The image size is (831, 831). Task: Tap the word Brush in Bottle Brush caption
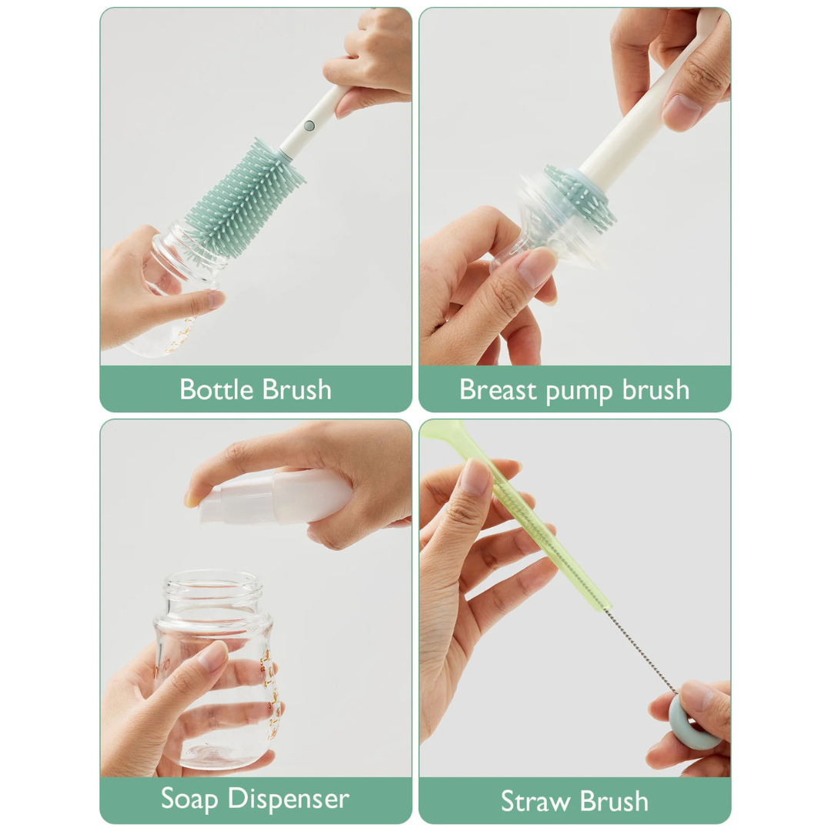tap(296, 389)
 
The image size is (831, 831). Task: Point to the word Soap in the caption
tap(191, 799)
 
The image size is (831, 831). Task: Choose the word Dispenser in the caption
tap(290, 799)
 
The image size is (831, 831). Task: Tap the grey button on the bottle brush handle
tap(309, 125)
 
